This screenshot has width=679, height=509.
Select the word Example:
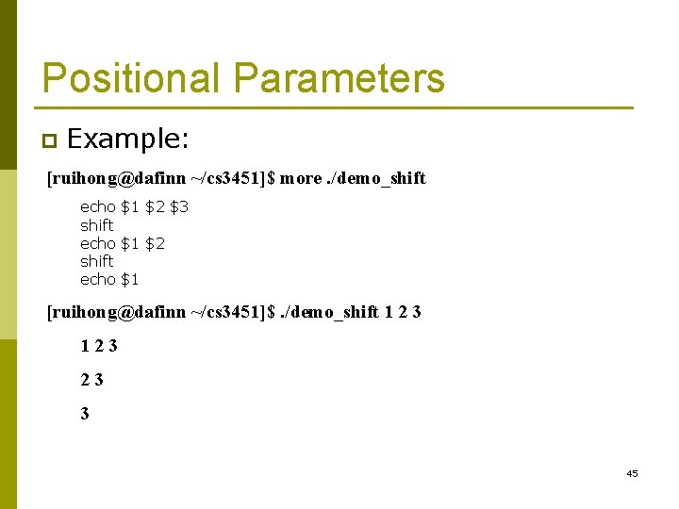pos(128,140)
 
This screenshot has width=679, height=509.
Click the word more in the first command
pos(301,178)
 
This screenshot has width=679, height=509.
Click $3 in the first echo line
pos(178,206)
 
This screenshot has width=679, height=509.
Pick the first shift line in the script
pos(96,225)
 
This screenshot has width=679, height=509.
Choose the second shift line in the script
pos(96,261)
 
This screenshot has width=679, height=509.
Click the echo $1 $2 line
pos(123,243)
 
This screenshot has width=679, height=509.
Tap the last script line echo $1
pos(109,279)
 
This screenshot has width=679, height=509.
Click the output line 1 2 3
pos(99,346)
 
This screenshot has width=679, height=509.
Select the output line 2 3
pos(92,380)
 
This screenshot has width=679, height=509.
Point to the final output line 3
pos(85,414)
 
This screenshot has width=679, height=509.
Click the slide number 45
pos(632,473)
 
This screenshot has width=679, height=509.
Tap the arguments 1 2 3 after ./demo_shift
pos(403,312)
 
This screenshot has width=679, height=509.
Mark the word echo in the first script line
pos(98,206)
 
